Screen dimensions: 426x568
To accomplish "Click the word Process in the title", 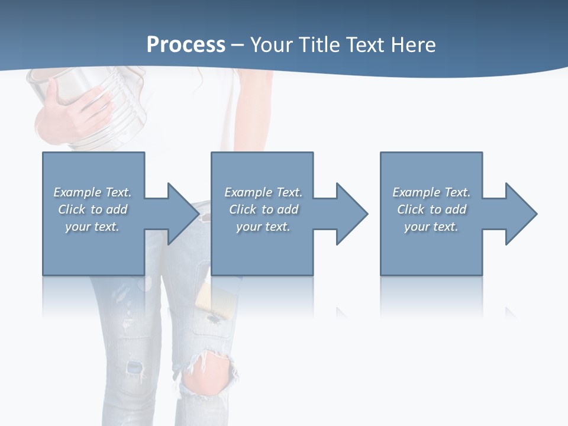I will pyautogui.click(x=186, y=44).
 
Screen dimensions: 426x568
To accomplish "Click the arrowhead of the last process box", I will pyautogui.click(x=518, y=214).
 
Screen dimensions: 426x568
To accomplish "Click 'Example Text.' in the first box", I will pyautogui.click(x=92, y=192).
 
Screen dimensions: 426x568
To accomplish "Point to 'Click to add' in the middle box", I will pyautogui.click(x=263, y=209).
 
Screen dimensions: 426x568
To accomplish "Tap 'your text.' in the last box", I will pyautogui.click(x=431, y=227).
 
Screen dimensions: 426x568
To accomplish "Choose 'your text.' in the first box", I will pyautogui.click(x=92, y=227).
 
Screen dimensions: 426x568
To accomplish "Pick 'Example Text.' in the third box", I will pyautogui.click(x=431, y=192).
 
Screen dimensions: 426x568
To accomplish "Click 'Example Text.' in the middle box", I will pyautogui.click(x=263, y=192).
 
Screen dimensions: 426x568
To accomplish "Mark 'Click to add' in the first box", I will pyautogui.click(x=92, y=209).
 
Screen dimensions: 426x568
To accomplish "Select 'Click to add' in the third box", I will pyautogui.click(x=431, y=209).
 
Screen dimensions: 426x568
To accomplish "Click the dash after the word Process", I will pyautogui.click(x=237, y=45).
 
